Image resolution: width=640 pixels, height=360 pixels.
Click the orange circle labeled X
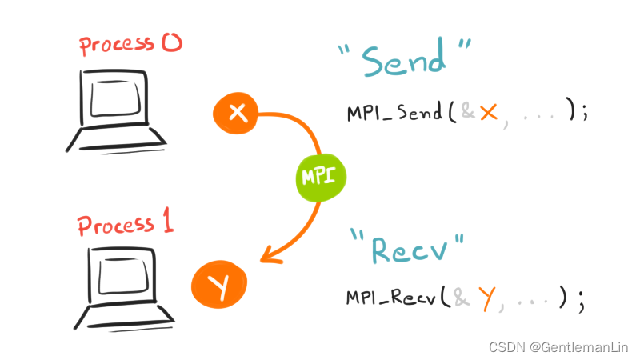[x=236, y=114]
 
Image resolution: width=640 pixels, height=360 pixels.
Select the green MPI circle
[x=319, y=174]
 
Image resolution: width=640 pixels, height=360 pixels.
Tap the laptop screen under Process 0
[x=116, y=99]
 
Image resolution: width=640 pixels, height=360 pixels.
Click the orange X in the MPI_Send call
[x=488, y=113]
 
